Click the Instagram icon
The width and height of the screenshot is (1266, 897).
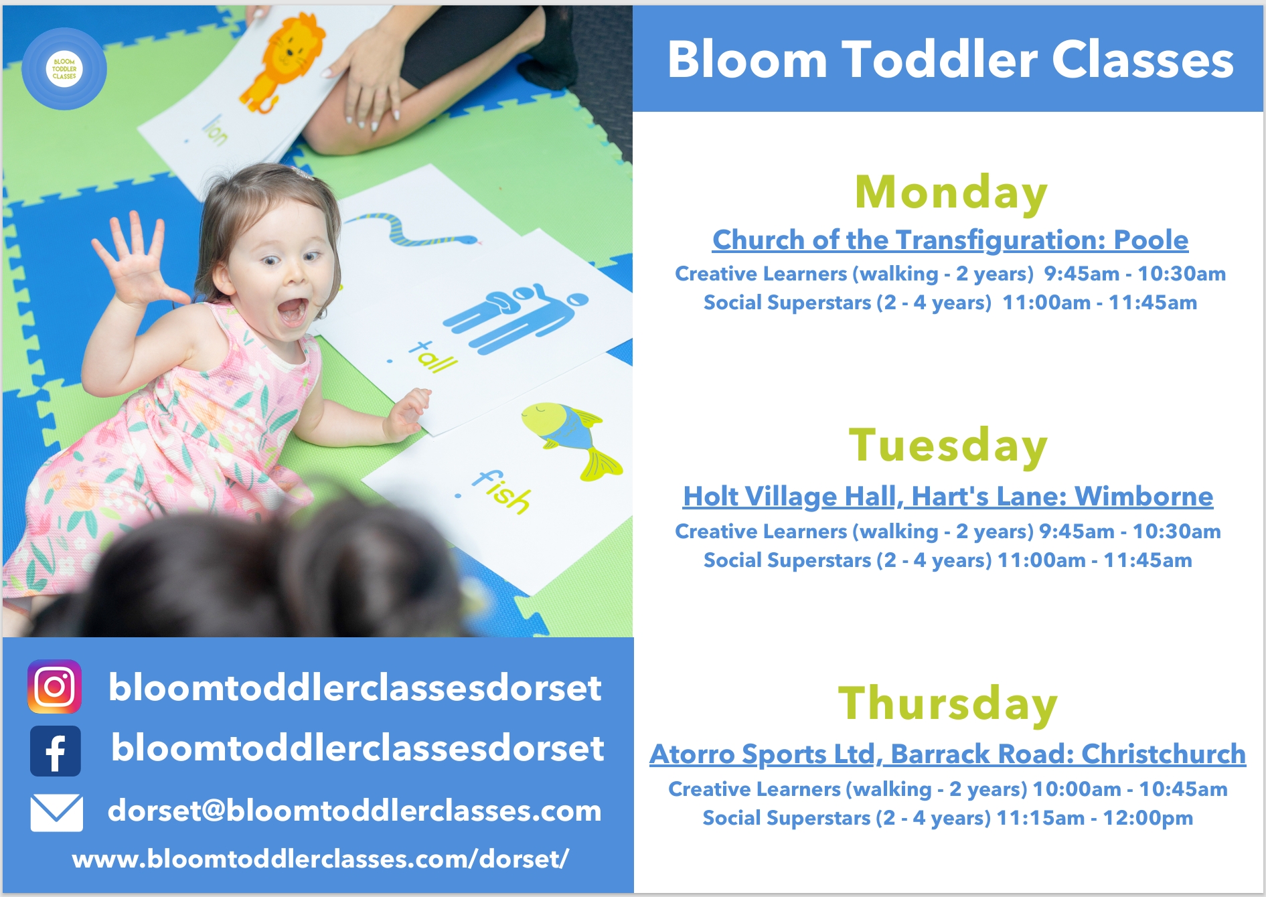tap(55, 687)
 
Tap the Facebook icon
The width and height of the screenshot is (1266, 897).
tap(56, 751)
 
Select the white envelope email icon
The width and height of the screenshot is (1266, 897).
tap(57, 813)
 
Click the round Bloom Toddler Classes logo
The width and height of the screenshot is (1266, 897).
tap(64, 69)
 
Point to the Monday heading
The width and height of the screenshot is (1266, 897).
tap(951, 193)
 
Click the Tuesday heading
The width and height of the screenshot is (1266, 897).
tap(948, 445)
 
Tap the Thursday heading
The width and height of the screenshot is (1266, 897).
tap(948, 704)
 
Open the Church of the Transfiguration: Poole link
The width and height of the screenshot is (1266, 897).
tap(950, 240)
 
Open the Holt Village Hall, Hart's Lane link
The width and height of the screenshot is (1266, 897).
tap(948, 497)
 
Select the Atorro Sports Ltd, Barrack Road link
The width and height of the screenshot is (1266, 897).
tap(948, 754)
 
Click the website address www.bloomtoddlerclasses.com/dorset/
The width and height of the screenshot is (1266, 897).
tap(321, 859)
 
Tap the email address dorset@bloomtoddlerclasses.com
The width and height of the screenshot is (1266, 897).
tap(355, 811)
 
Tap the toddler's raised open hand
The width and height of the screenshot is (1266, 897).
tap(134, 258)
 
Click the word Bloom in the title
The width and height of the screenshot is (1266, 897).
tap(747, 60)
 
